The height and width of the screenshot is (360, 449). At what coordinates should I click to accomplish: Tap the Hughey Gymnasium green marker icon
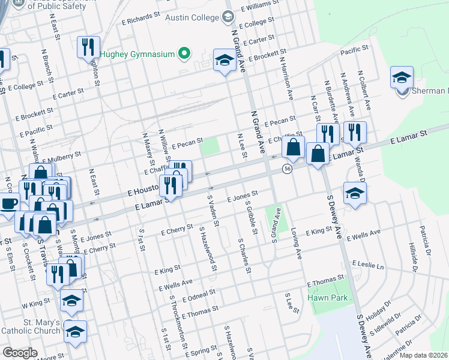[185, 54]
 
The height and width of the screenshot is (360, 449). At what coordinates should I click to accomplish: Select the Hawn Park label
[324, 298]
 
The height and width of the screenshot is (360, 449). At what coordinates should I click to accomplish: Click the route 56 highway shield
[288, 170]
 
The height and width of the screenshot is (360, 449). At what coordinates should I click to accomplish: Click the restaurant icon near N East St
[88, 47]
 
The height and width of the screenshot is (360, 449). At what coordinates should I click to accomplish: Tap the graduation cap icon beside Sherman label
[402, 77]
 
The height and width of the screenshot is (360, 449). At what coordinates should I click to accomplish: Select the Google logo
[20, 353]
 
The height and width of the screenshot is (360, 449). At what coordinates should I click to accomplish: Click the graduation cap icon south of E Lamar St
[355, 194]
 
